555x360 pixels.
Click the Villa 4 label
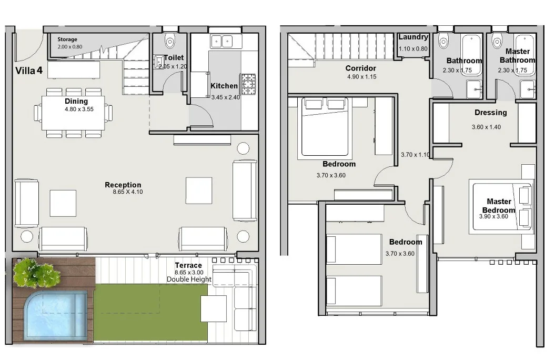pos(29,71)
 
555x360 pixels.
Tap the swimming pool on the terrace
pos(55,315)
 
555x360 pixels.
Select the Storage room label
pos(67,39)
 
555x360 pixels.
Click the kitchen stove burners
pos(248,84)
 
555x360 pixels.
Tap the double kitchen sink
pos(222,42)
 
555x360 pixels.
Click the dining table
pos(73,113)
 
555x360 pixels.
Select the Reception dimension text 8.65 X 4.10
pos(128,192)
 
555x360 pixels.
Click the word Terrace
pos(188,265)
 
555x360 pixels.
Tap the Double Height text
pos(189,279)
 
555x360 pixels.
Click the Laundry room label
pos(413,37)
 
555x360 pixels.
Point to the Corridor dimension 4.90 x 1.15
pos(361,77)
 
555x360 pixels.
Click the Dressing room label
pos(491,113)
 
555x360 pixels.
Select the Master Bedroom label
pos(499,206)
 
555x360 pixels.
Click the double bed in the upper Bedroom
pos(325,127)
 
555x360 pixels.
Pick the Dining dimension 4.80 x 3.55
pos(79,109)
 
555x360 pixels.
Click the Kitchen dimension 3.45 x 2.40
pos(226,97)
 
